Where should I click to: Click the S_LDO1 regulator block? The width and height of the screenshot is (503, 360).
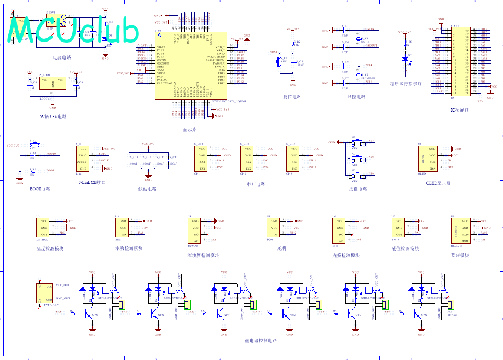53,84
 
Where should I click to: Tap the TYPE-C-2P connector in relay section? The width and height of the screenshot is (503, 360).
42,292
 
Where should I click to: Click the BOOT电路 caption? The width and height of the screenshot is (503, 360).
39,189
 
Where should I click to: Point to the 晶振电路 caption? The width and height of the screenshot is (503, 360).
355,97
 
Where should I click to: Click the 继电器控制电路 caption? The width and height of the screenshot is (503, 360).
261,340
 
